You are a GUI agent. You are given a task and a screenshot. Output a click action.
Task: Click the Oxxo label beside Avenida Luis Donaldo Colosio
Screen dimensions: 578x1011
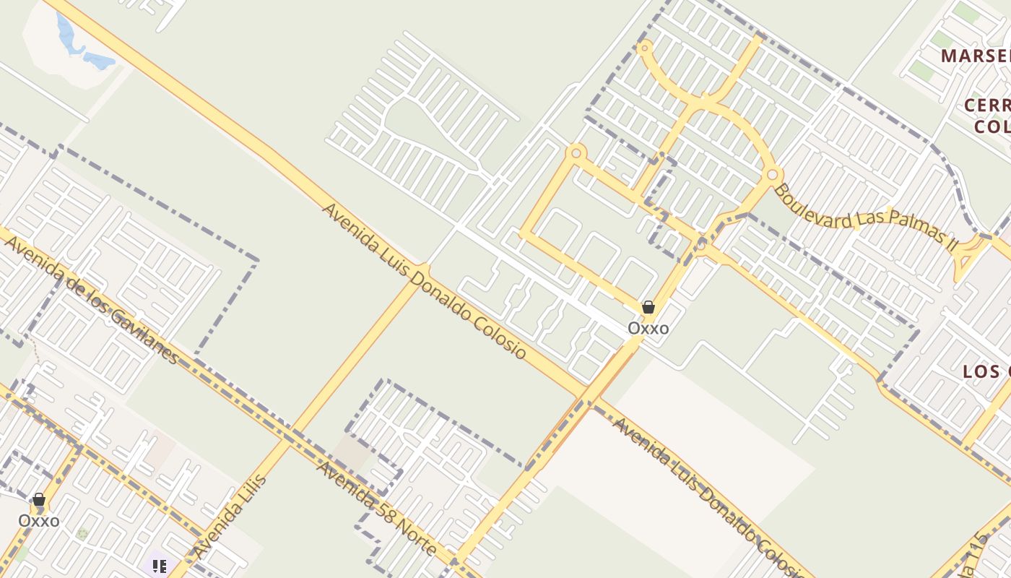[x=648, y=329]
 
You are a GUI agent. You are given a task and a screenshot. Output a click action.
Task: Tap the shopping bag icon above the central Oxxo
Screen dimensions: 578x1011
[x=648, y=307]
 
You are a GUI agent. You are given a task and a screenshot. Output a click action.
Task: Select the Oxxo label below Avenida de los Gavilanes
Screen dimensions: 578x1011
[x=39, y=521]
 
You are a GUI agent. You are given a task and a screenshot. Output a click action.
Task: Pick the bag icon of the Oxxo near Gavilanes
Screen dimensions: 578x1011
[x=39, y=499]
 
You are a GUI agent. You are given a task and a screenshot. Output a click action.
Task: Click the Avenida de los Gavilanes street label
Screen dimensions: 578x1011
[x=91, y=299]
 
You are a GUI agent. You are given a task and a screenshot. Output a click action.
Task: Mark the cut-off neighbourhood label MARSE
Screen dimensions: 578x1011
[x=975, y=56]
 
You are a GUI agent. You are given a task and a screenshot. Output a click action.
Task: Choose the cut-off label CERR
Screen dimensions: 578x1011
[x=987, y=105]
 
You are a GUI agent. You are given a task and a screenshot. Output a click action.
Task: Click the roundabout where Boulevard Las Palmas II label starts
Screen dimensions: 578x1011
[x=773, y=175]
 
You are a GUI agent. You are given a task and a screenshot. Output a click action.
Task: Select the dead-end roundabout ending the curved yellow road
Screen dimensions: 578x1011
[x=645, y=48]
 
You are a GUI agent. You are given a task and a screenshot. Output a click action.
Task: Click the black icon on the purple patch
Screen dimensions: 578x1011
[x=160, y=566]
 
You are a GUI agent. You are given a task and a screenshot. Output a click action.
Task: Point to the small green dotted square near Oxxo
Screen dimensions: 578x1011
[x=82, y=533]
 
